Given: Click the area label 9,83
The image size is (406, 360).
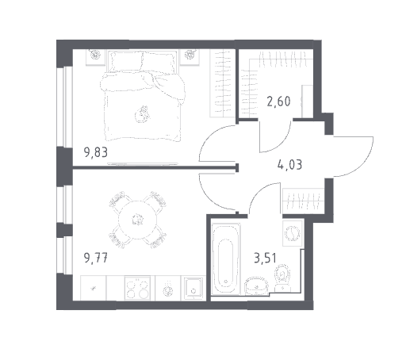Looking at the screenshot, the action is point(96,153).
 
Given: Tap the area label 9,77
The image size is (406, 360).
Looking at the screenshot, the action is point(96,258).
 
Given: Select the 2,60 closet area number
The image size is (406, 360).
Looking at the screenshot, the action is point(278,101).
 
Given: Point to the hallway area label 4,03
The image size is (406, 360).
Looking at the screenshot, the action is point(289,165).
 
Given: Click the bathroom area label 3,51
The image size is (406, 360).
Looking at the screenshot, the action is point(265,258).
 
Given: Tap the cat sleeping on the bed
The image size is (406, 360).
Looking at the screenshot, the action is point(143,114).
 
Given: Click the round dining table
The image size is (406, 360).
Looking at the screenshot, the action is point(138,220).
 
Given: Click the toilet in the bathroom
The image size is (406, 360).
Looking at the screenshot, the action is point(282,278).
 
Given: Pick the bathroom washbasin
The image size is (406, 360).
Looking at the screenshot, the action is point(257,285).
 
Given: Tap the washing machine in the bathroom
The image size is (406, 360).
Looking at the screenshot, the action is point(293,233).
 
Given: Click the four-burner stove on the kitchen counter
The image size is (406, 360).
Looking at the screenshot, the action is point(137,288).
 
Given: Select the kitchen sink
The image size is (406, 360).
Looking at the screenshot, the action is point(193,289).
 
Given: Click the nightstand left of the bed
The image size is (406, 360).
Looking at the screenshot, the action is point(95,57).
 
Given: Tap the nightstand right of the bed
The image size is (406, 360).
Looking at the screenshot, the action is point(190,56).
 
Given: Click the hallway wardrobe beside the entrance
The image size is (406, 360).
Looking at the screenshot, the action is point(304,201).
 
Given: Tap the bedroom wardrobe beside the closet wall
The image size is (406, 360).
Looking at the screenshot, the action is point(223,83).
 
